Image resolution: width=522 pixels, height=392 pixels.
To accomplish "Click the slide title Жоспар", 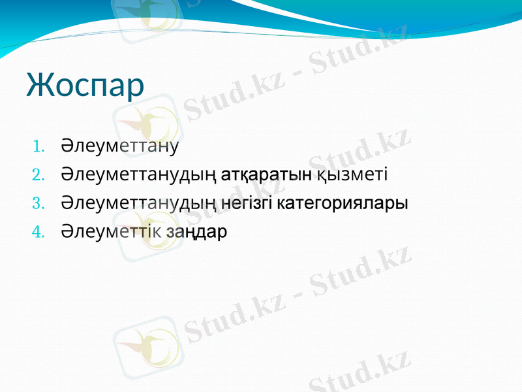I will (85, 84).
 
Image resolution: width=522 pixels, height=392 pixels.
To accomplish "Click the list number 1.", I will (38, 146).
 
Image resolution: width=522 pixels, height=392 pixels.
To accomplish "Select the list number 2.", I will (38, 174).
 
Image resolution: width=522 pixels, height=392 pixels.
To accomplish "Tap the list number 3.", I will (38, 203).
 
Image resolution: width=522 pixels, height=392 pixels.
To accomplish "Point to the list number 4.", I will (38, 232).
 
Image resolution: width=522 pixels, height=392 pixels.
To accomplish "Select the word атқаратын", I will (266, 174).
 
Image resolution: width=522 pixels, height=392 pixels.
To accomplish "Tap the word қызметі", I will (352, 174).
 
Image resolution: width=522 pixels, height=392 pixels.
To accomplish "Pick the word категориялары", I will (343, 204).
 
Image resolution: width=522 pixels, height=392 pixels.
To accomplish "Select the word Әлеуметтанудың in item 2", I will (139, 174).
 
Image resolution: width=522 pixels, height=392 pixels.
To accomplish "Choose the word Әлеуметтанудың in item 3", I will (139, 203).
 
